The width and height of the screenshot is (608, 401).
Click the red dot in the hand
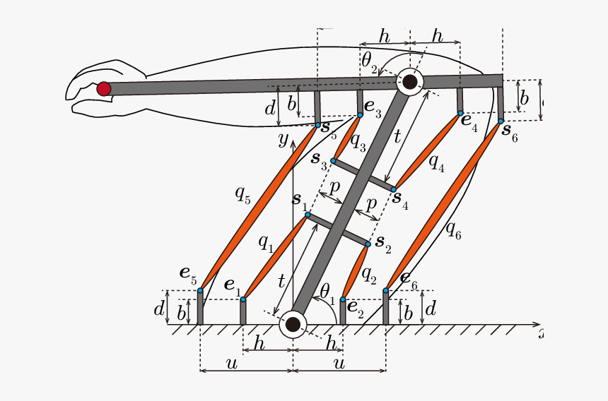pyautogui.click(x=104, y=88)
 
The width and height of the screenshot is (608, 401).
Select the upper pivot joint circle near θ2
pyautogui.click(x=409, y=82)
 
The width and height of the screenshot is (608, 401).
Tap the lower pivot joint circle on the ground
pyautogui.click(x=293, y=325)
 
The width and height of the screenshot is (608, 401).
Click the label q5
pyautogui.click(x=242, y=193)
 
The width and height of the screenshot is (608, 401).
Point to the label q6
pyautogui.click(x=453, y=230)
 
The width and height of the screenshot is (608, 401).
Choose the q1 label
pyautogui.click(x=265, y=243)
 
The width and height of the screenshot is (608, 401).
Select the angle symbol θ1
pyautogui.click(x=325, y=290)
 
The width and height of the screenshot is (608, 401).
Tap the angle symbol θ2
pyautogui.click(x=369, y=61)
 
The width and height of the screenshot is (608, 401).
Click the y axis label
pyautogui.click(x=283, y=138)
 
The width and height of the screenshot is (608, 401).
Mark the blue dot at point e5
pyautogui.click(x=200, y=290)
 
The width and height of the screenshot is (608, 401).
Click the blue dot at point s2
pyautogui.click(x=368, y=244)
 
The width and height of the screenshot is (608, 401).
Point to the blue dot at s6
pyautogui.click(x=501, y=121)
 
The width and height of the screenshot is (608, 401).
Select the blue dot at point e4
pyautogui.click(x=460, y=113)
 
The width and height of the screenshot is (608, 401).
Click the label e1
pyautogui.click(x=232, y=285)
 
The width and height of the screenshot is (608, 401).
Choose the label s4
pyautogui.click(x=401, y=200)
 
